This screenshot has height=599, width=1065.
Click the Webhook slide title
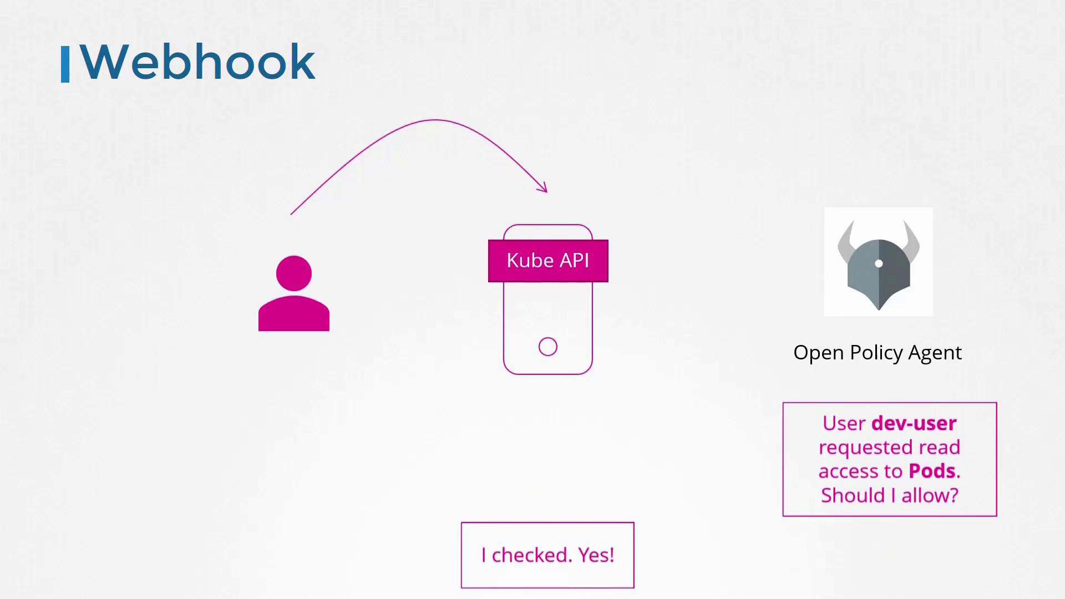pyautogui.click(x=197, y=62)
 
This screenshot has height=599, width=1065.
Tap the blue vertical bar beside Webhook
pyautogui.click(x=65, y=64)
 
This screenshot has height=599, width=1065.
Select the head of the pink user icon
pyautogui.click(x=294, y=273)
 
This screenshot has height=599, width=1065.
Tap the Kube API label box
pyautogui.click(x=548, y=261)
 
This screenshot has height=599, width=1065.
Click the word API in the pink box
pyautogui.click(x=574, y=261)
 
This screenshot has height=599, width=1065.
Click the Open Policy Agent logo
pyautogui.click(x=879, y=262)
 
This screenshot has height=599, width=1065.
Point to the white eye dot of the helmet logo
pyautogui.click(x=879, y=263)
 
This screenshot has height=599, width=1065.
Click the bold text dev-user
pyautogui.click(x=914, y=423)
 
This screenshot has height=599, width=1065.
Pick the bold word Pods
pyautogui.click(x=932, y=471)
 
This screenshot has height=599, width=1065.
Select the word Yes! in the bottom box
pyautogui.click(x=596, y=555)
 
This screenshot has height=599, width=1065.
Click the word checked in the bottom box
pyautogui.click(x=532, y=555)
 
